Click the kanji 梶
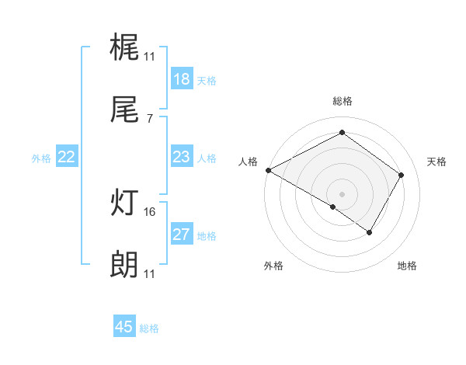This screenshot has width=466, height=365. point(124,48)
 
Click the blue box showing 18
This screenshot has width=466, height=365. point(182,79)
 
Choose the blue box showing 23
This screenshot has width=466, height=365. point(182,157)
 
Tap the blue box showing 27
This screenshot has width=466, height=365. point(182,235)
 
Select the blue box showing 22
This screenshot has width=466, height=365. point(67,157)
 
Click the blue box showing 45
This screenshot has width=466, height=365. point(124,327)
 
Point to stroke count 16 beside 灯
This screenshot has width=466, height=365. point(151,211)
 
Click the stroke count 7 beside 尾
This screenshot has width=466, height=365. point(149,118)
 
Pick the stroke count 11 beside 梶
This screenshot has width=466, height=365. point(149,56)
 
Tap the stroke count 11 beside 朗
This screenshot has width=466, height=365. point(149,273)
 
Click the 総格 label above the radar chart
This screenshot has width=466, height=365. point(342,101)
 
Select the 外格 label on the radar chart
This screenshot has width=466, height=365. point(273,266)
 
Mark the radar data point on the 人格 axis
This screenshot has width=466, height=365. point(268,170)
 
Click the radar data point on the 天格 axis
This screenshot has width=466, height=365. point(402,175)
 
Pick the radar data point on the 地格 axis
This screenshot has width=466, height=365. point(370,232)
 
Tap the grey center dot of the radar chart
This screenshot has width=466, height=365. point(342,193)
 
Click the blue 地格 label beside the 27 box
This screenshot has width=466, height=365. point(207,235)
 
